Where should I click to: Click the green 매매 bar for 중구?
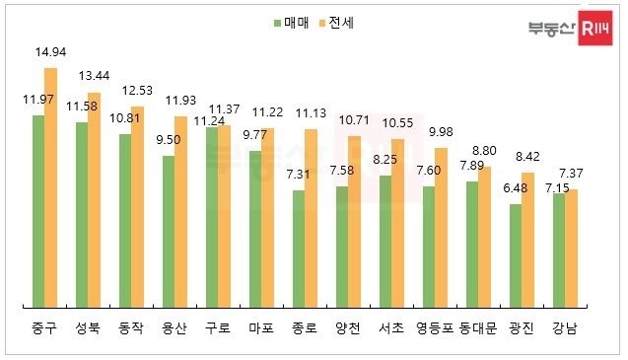point(37,211)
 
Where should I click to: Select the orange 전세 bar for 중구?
point(50,187)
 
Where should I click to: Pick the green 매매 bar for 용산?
point(168,231)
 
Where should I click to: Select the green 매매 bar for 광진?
point(515,255)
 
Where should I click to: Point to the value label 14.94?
point(50,53)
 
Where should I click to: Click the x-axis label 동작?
point(131,327)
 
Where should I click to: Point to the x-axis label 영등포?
point(434,327)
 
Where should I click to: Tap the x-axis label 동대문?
point(477,327)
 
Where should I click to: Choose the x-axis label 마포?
point(261,327)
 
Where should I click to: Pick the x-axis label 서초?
point(391,327)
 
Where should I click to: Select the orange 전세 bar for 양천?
point(354,226)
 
